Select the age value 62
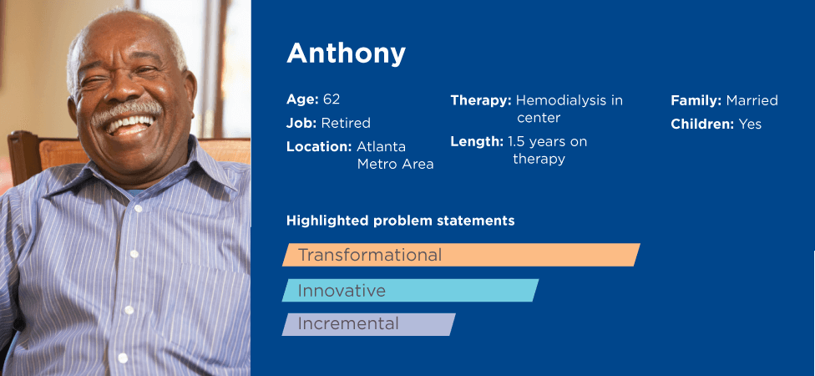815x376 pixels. [x=331, y=99]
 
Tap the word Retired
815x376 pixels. [x=346, y=124]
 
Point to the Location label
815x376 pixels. [x=319, y=147]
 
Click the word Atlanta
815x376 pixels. [x=381, y=147]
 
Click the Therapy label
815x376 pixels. [x=481, y=100]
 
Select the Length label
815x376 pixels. [x=477, y=141]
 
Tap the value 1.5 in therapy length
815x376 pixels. [x=516, y=141]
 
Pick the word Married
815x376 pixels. [x=752, y=100]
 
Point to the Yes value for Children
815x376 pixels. [x=750, y=124]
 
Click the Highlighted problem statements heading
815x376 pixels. [x=400, y=221]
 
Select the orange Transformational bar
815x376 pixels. [x=461, y=255]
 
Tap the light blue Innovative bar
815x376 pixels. [x=411, y=290]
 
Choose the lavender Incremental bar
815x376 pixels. [x=368, y=324]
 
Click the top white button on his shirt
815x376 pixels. [x=138, y=209]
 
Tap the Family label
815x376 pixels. [x=696, y=100]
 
